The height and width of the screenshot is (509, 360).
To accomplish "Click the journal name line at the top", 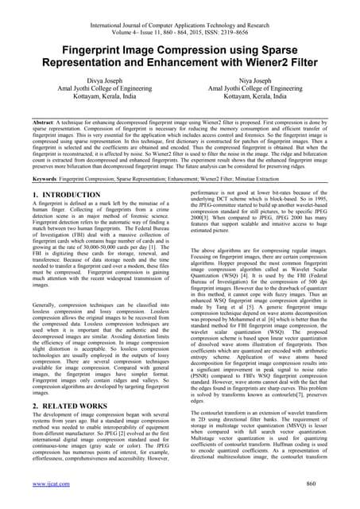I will (180, 8).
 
